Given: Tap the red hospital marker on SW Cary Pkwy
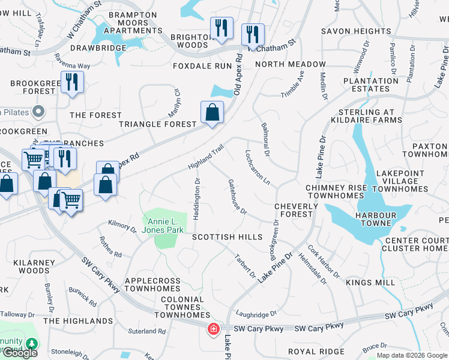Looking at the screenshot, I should pyautogui.click(x=213, y=329).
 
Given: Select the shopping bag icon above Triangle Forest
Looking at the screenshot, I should pyautogui.click(x=212, y=112).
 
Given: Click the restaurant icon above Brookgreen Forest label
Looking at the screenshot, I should pyautogui.click(x=72, y=82).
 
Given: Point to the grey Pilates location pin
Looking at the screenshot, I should pyautogui.click(x=39, y=111).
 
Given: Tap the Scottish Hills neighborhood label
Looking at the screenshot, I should pyautogui.click(x=228, y=237).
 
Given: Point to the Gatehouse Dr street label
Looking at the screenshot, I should pyautogui.click(x=237, y=196).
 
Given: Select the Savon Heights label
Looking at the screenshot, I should pyautogui.click(x=356, y=31).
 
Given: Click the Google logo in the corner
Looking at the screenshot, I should pyautogui.click(x=20, y=352).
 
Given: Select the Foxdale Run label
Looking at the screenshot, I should pyautogui.click(x=202, y=65).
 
